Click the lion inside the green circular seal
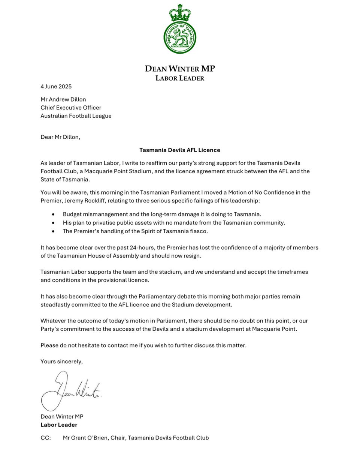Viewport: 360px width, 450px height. [x=180, y=37]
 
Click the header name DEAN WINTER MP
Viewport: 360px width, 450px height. [x=180, y=69]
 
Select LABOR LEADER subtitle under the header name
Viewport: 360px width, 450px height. [x=180, y=78]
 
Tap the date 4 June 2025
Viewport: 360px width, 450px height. [x=56, y=87]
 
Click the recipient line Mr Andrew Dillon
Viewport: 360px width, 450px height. [x=63, y=99]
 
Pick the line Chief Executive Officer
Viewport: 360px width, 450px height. [x=71, y=108]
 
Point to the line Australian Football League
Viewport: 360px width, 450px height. [x=76, y=116]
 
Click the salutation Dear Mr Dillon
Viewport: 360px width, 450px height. [x=60, y=137]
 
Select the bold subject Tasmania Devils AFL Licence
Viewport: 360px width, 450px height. [x=180, y=150]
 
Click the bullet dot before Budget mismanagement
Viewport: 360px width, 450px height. [x=53, y=214]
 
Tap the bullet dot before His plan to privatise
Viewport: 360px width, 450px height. [x=53, y=223]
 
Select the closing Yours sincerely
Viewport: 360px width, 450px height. [x=61, y=361]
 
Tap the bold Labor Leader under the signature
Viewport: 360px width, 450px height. [x=59, y=425]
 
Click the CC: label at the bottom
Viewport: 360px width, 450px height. [x=46, y=438]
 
